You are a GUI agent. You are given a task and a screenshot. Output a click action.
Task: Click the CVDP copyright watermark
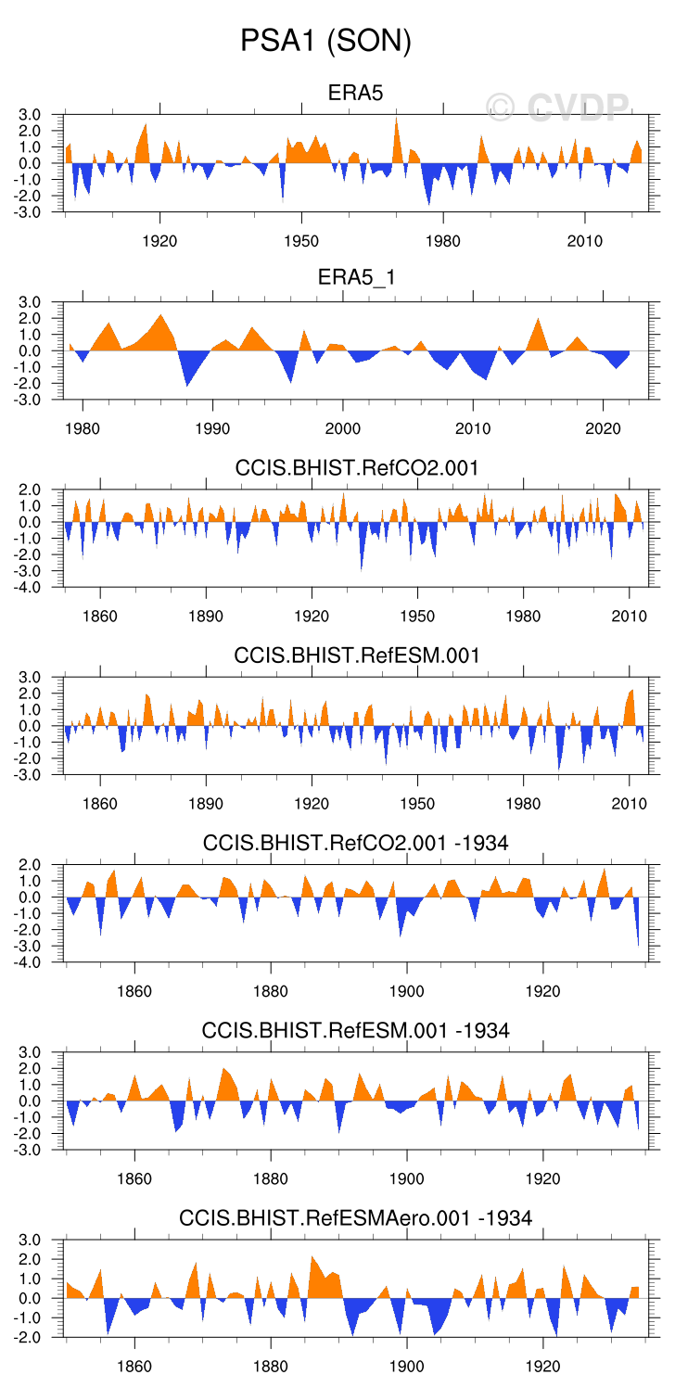(x=557, y=108)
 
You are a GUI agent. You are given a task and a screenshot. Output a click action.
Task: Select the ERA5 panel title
(x=355, y=93)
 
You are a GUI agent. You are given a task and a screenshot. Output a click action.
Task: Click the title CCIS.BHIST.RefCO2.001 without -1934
(x=357, y=468)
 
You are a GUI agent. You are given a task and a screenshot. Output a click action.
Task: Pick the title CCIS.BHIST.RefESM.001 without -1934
(x=357, y=655)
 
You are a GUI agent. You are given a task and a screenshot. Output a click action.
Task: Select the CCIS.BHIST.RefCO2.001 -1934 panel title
(x=356, y=843)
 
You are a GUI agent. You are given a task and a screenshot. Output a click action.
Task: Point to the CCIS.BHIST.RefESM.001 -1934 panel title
(x=356, y=1030)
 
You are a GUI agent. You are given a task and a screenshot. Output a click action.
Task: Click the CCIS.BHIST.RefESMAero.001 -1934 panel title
(x=356, y=1217)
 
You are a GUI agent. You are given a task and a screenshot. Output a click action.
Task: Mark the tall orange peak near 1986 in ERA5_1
(x=161, y=317)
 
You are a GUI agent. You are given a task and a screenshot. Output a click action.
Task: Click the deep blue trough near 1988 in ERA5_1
(x=187, y=383)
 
